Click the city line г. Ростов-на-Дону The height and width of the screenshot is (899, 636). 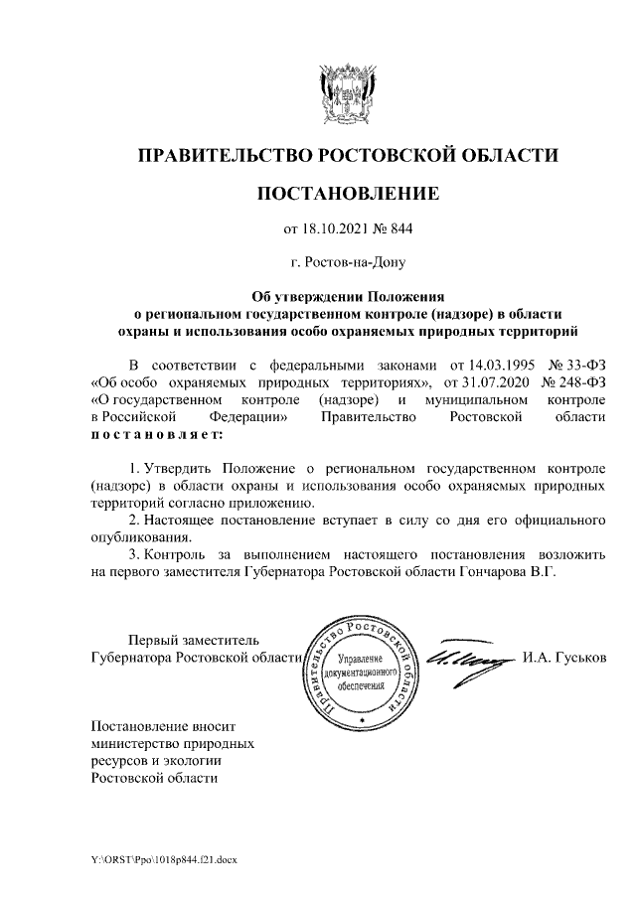347,263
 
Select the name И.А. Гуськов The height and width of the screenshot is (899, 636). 562,659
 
